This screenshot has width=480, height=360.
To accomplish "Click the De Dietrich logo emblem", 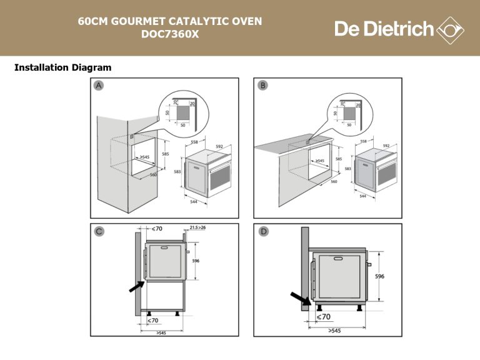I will pos(449,29).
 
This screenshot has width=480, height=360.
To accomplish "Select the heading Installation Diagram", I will pos(62,67).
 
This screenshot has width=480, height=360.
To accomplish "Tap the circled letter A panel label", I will pos(99,86).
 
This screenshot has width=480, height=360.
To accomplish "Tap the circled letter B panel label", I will pos(262,86).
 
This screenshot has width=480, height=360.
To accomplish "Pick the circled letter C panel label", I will pos(99,232).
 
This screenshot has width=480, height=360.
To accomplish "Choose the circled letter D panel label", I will pos(263,232).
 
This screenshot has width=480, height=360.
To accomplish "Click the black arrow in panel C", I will pos(136,286).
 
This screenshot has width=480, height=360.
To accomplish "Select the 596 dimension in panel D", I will pos(380,276).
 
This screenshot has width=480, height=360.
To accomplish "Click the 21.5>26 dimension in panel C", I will pos(194,229).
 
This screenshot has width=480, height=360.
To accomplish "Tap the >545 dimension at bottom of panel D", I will pos(334,330).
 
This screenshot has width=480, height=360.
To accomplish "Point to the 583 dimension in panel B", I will pos(347,169).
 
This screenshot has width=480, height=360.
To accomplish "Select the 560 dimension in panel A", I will pos(153,175).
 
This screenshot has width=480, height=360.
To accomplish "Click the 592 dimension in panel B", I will pos(386,145).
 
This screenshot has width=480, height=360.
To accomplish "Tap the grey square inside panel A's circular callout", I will pos(182,112).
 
